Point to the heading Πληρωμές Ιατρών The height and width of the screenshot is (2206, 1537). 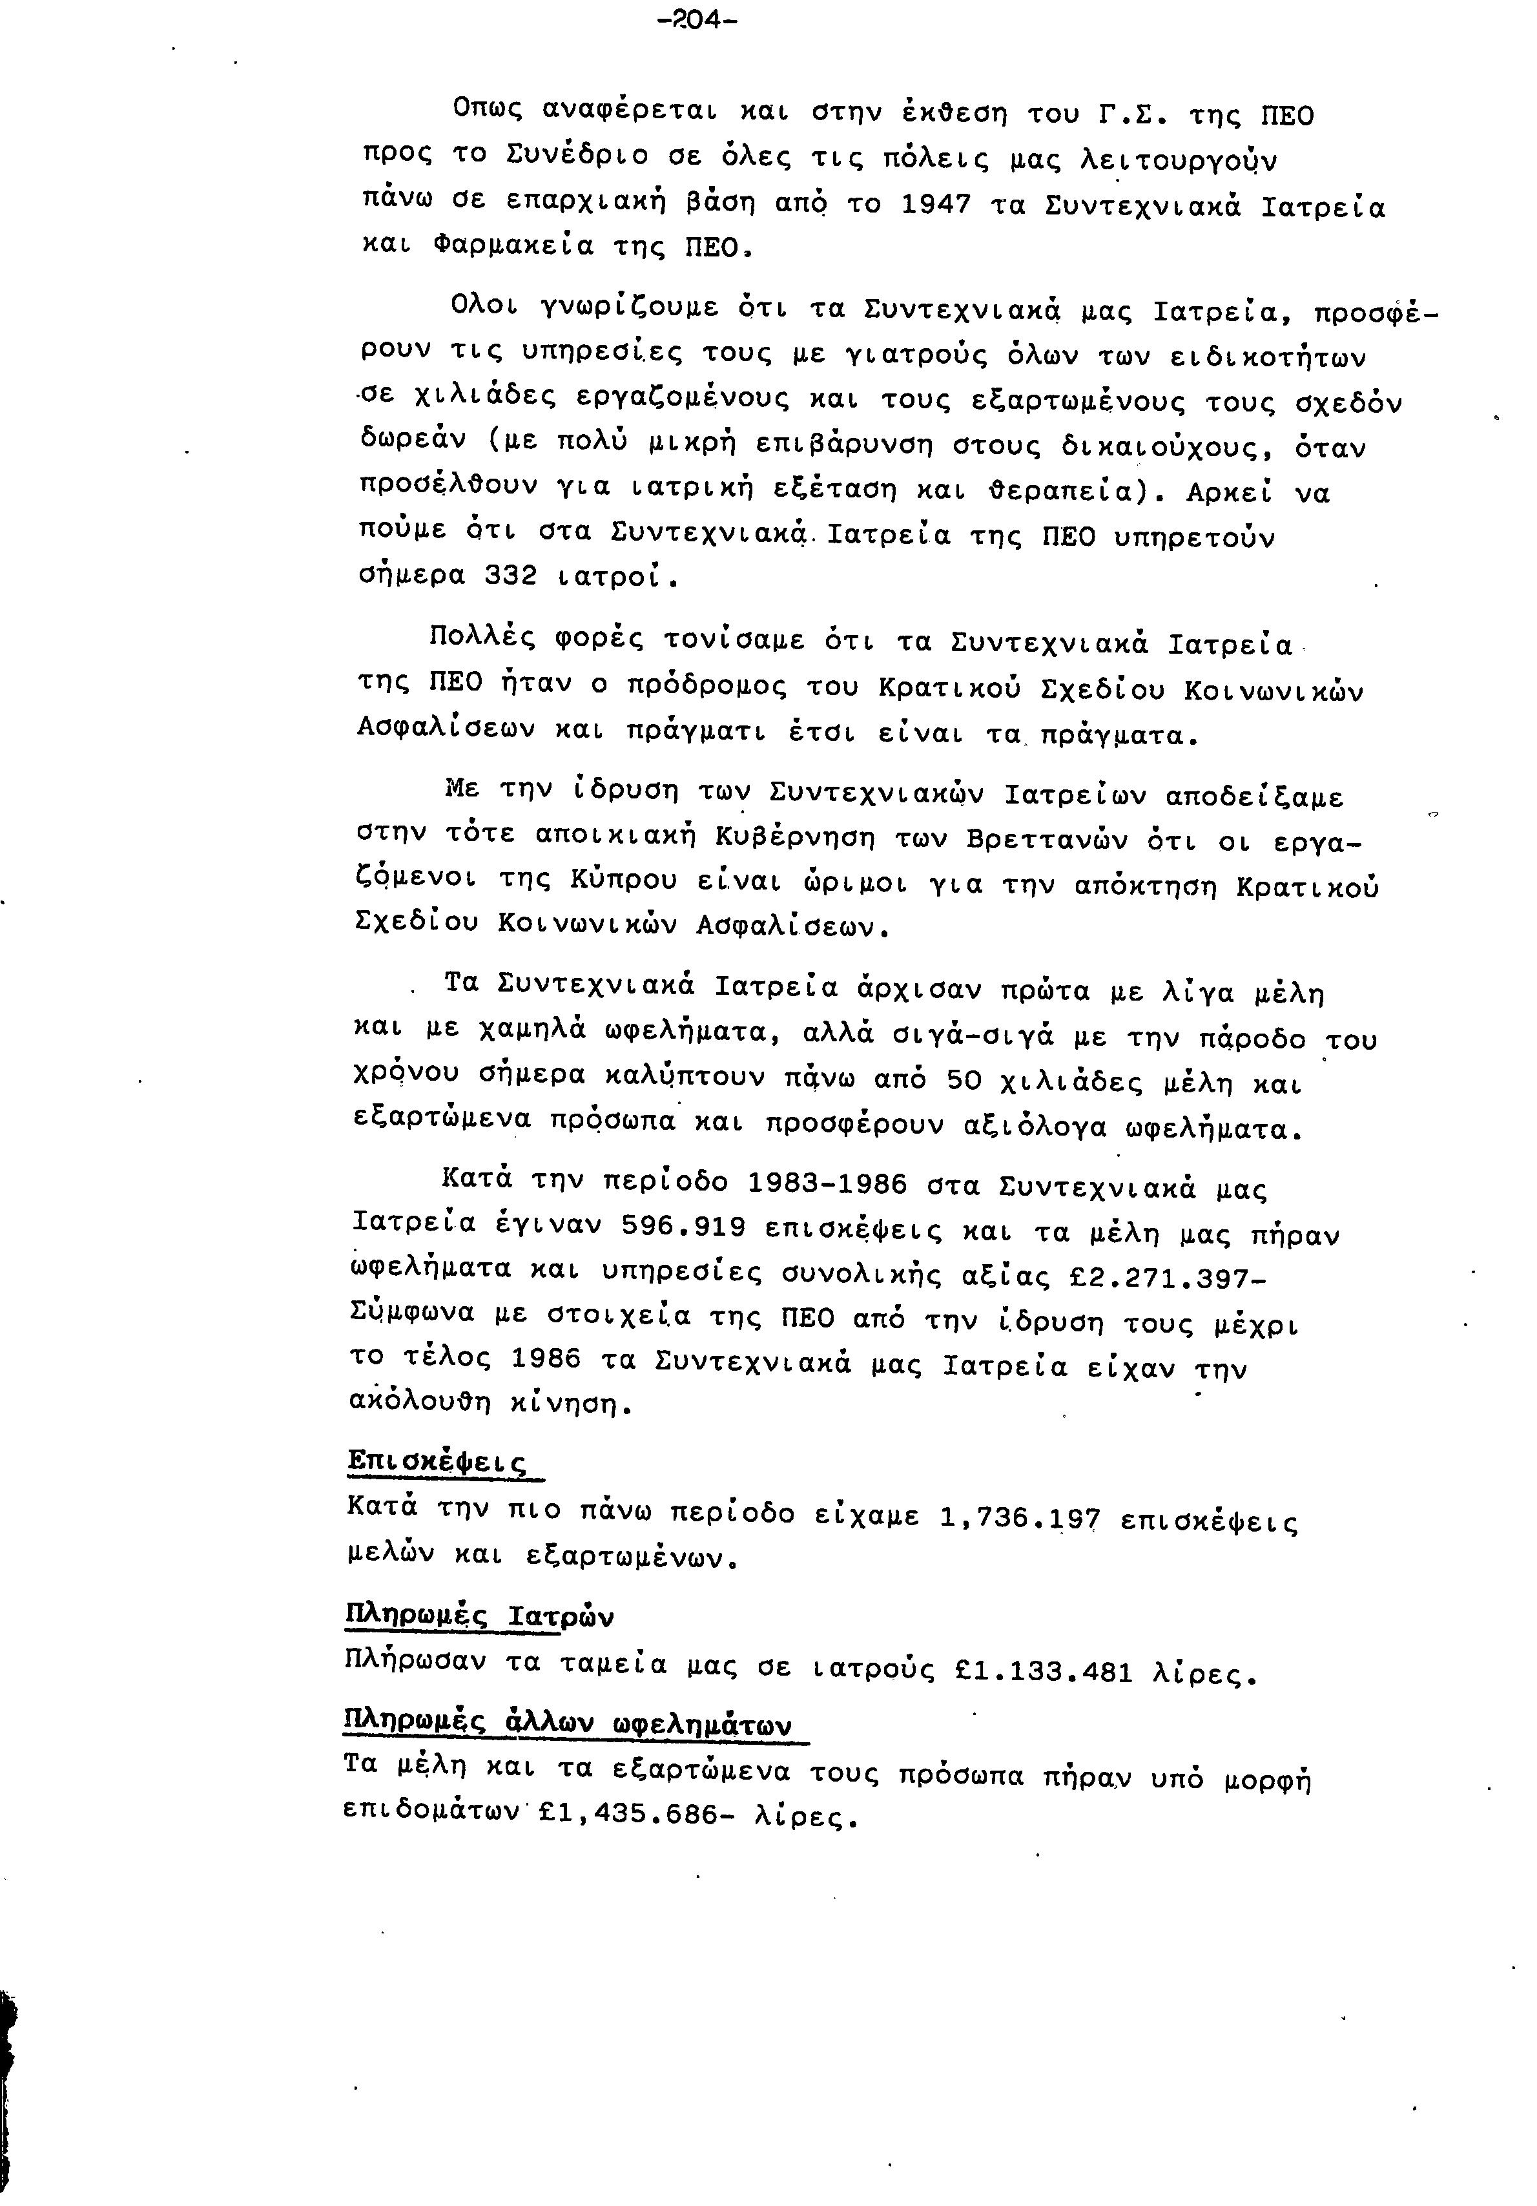click(479, 1617)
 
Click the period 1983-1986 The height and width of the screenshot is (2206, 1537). click(827, 1183)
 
